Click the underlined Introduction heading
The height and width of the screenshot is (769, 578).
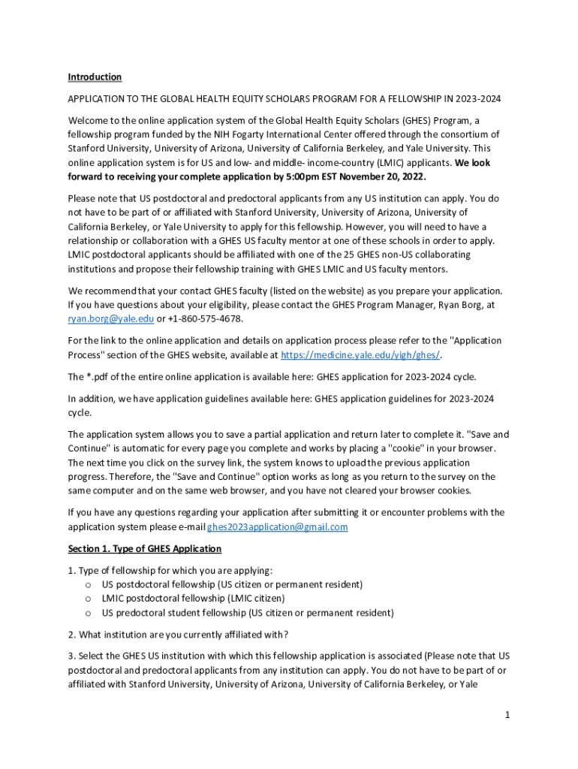click(x=95, y=77)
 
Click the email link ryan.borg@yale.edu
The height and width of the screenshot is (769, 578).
click(x=111, y=319)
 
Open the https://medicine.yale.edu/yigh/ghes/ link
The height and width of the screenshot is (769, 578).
click(x=360, y=355)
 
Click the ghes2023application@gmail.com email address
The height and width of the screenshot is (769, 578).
click(x=278, y=527)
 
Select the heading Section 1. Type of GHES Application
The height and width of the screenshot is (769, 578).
click(x=144, y=549)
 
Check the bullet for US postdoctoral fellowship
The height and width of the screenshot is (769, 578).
click(x=89, y=584)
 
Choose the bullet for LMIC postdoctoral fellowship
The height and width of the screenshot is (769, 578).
click(x=89, y=599)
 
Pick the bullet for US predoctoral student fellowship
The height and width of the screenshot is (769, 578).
click(x=89, y=613)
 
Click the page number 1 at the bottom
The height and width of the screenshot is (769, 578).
click(x=507, y=715)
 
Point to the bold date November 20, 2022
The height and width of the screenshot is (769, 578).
click(x=378, y=177)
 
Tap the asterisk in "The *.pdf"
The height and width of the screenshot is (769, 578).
click(x=89, y=377)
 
